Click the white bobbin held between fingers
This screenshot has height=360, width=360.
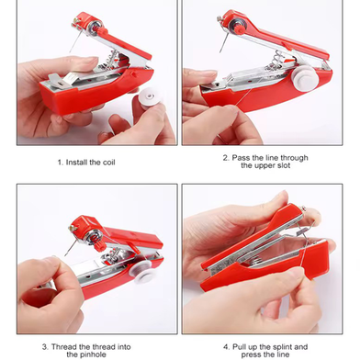(x=150, y=97)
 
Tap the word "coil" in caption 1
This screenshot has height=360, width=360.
(x=108, y=163)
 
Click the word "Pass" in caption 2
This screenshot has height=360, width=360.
(x=242, y=158)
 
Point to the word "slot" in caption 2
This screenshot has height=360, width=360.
(x=284, y=165)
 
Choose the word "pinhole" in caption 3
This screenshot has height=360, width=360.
(x=86, y=354)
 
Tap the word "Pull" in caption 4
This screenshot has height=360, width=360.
(x=239, y=347)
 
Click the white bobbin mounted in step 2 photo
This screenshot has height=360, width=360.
(x=305, y=78)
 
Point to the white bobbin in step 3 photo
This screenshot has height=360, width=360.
(x=144, y=272)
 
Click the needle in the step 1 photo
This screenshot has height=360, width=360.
(x=75, y=42)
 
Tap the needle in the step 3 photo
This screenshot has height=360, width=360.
(x=71, y=247)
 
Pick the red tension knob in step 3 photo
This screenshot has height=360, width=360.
(x=100, y=244)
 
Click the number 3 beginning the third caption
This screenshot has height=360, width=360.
(x=45, y=347)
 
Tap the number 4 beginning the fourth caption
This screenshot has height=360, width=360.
(x=226, y=347)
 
